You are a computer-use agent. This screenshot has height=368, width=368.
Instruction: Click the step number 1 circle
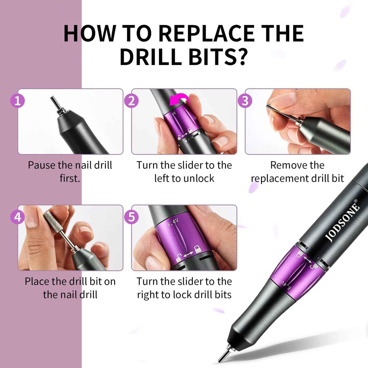17,101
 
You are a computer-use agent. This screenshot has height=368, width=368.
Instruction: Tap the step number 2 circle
131,101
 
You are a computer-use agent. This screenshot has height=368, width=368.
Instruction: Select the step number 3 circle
245,101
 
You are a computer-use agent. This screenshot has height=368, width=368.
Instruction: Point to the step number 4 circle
17,217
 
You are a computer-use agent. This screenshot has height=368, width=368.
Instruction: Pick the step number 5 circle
131,217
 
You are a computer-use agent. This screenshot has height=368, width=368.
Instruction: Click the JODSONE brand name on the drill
343,221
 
